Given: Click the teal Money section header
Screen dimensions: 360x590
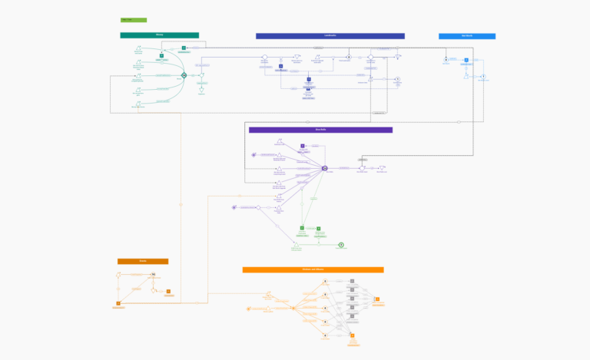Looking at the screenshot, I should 159,35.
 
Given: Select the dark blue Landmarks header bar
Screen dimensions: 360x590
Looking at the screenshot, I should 330,36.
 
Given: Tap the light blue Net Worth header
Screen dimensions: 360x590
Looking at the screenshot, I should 466,36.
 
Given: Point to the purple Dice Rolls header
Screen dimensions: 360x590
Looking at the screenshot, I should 320,130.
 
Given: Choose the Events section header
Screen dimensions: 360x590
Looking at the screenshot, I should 142,262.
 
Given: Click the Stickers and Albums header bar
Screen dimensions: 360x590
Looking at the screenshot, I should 313,270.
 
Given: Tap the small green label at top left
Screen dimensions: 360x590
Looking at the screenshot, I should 133,20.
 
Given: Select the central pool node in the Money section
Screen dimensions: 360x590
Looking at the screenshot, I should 184,75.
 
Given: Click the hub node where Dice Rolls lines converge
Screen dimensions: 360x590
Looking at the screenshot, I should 325,168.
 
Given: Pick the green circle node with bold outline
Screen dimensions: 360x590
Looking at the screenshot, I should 341,245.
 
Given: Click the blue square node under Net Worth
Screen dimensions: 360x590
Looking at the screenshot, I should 466,59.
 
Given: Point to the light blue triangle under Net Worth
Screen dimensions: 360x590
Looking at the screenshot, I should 466,77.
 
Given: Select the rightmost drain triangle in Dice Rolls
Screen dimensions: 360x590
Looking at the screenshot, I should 382,167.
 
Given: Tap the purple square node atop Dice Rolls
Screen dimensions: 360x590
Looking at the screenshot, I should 303,146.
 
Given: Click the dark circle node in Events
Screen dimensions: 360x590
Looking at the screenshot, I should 153,275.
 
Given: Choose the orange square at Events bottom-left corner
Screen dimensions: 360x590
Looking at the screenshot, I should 118,304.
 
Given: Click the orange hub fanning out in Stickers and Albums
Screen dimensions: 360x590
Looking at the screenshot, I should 293,308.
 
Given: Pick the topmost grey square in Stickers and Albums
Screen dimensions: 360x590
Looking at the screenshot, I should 352,282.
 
